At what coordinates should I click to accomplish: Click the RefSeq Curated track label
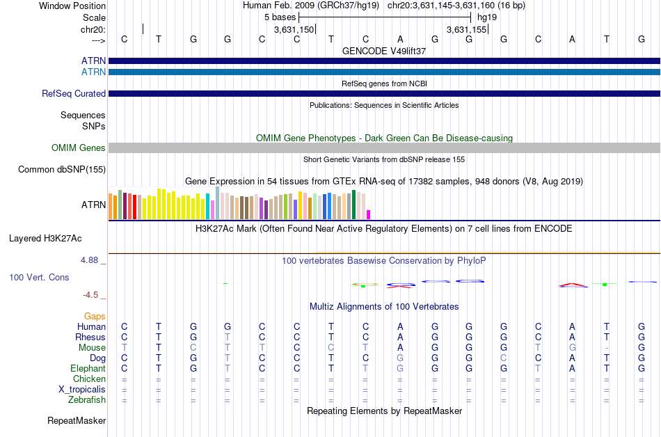tap(74, 93)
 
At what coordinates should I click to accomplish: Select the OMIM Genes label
tap(79, 148)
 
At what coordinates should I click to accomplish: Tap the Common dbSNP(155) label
tap(62, 169)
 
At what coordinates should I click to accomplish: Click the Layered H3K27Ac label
tap(45, 239)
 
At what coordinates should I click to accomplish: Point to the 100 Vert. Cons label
tap(39, 277)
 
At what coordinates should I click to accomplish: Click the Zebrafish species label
tap(87, 399)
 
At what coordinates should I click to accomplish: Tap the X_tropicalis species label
tap(82, 390)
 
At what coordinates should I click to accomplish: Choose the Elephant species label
tap(88, 368)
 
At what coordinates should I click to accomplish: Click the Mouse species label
tap(92, 348)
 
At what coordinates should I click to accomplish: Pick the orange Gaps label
tap(95, 316)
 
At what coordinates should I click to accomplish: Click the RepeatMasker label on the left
tap(77, 420)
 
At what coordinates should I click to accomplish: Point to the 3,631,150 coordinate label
tap(294, 29)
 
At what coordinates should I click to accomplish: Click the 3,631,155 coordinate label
tap(467, 29)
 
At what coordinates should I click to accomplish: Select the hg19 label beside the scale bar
tap(487, 17)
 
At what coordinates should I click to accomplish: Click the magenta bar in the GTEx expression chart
tap(369, 214)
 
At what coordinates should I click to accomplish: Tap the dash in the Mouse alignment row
tap(607, 348)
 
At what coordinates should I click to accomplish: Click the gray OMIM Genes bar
tap(385, 148)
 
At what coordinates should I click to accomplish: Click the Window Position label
tap(72, 6)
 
